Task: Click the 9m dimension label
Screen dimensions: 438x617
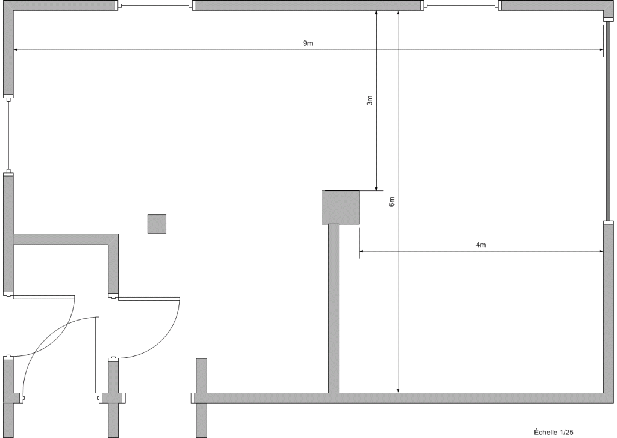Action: tap(308, 43)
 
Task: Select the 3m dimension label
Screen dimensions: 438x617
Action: tap(369, 101)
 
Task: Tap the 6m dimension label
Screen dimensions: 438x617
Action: tap(392, 202)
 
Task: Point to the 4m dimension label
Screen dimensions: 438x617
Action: tap(481, 245)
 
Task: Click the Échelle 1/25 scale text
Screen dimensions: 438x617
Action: tap(553, 431)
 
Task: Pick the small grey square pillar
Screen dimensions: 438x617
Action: tap(157, 224)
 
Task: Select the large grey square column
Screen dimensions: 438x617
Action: tap(340, 207)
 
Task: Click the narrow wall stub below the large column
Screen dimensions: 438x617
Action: tap(333, 308)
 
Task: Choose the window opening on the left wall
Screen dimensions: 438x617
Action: tap(8, 136)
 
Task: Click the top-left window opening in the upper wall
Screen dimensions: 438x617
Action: tap(155, 6)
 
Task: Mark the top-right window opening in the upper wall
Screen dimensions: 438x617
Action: tap(461, 6)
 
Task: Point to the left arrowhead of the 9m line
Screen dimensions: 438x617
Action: tap(16, 50)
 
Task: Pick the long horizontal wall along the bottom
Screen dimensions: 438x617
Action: tap(404, 398)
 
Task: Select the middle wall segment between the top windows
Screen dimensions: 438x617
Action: tap(308, 6)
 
